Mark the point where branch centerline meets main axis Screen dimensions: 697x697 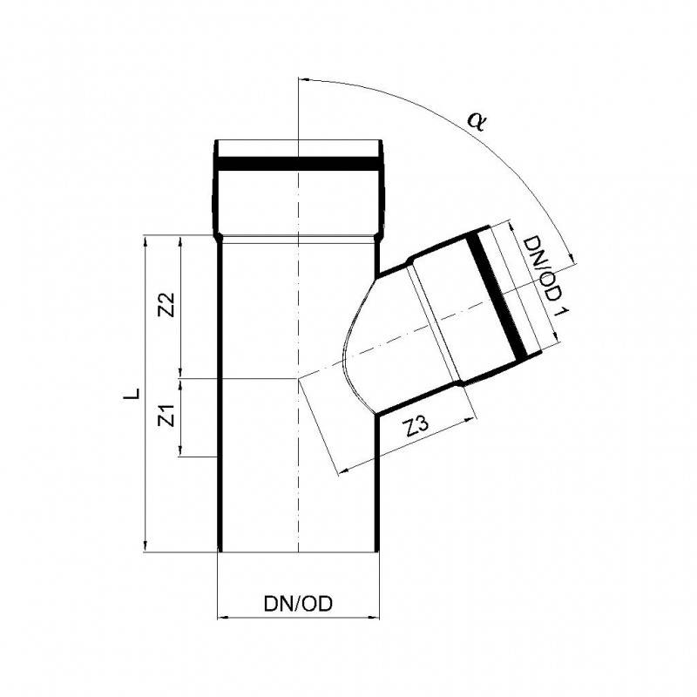tap(298, 379)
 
